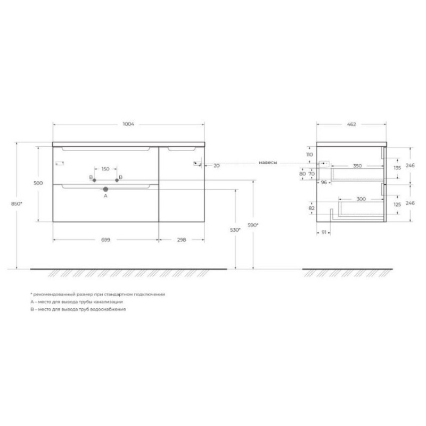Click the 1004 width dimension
[128, 124]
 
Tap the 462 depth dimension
[351, 125]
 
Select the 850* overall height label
[17, 204]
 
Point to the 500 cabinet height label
[38, 183]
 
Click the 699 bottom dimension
[105, 240]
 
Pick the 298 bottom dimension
[182, 240]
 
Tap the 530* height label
[235, 230]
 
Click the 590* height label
[253, 225]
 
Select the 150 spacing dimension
[105, 169]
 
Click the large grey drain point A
[105, 190]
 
